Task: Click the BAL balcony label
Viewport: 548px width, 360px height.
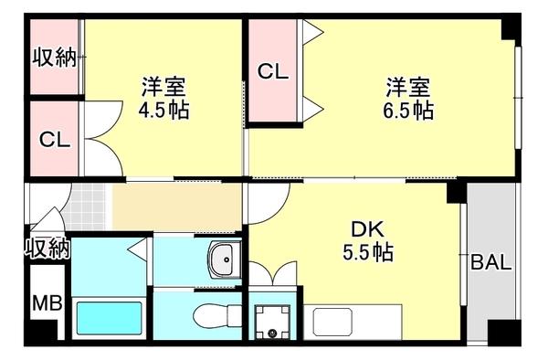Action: [490, 263]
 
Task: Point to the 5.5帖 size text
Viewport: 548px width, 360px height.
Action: [367, 253]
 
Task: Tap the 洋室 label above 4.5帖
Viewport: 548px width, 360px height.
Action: [163, 88]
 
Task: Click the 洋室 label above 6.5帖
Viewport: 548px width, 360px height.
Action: [407, 88]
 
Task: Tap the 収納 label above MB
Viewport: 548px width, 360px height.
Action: [47, 249]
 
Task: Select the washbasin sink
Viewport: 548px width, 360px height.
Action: [222, 261]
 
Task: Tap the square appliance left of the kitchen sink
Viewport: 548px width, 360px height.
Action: [271, 322]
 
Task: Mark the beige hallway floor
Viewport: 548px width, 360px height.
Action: [177, 209]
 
